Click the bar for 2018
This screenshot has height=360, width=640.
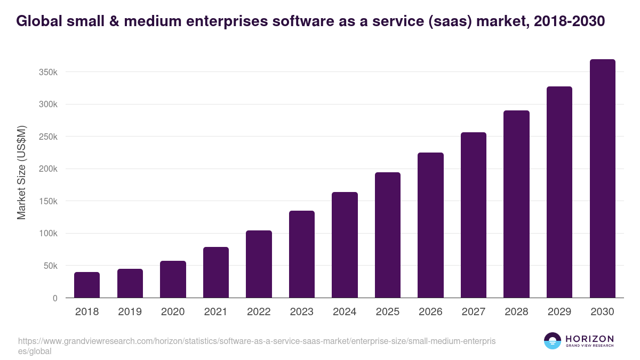pos(87,285)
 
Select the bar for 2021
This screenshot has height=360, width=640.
pos(216,273)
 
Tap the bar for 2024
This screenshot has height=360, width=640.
pos(345,245)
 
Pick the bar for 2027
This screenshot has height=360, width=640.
pos(474,215)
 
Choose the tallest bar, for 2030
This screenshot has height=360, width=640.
pos(602,179)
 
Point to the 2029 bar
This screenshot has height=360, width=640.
pos(559,192)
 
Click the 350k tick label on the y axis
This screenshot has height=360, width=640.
pos(48,72)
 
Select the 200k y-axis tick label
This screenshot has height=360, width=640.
pos(48,169)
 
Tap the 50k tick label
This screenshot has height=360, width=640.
pos(50,266)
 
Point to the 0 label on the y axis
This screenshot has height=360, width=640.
pos(55,298)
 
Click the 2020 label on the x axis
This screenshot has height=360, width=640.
pos(173,312)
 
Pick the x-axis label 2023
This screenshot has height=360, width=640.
pos(302,312)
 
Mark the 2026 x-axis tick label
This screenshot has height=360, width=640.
pos(430,312)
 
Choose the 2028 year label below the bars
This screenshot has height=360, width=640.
pos(516,312)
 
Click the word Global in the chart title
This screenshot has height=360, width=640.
pos(38,21)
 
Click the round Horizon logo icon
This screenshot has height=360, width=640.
pos(553,341)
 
